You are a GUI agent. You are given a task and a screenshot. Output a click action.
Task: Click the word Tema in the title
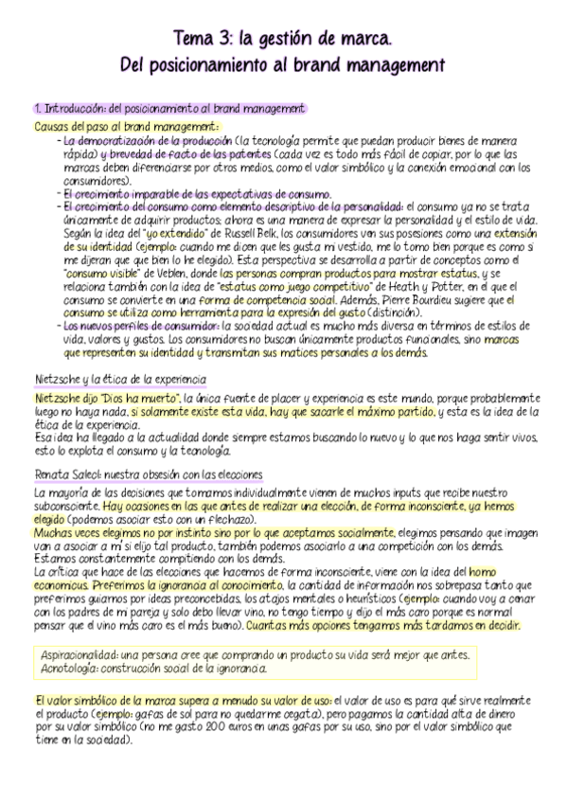click(191, 39)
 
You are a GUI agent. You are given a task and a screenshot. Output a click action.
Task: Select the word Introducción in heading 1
click(72, 109)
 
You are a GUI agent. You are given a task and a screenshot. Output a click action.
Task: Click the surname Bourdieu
click(434, 298)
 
